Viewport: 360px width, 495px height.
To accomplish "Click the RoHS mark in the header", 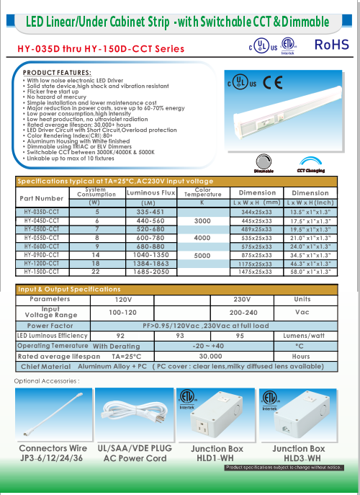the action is coord(332,45).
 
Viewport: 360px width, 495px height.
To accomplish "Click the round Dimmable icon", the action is coord(264,164).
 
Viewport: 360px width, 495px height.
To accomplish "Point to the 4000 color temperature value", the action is coord(202,238).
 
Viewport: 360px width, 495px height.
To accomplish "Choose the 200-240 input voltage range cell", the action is coord(243,313).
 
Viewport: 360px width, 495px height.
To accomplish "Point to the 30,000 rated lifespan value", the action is coord(210,356).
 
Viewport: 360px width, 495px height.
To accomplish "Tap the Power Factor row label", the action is coord(51,325).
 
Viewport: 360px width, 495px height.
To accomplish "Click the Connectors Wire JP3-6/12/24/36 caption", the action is coord(53,452).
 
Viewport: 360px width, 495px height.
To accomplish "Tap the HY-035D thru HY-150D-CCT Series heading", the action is coord(101,49).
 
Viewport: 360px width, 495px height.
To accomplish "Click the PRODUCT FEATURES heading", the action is coord(57,73).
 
